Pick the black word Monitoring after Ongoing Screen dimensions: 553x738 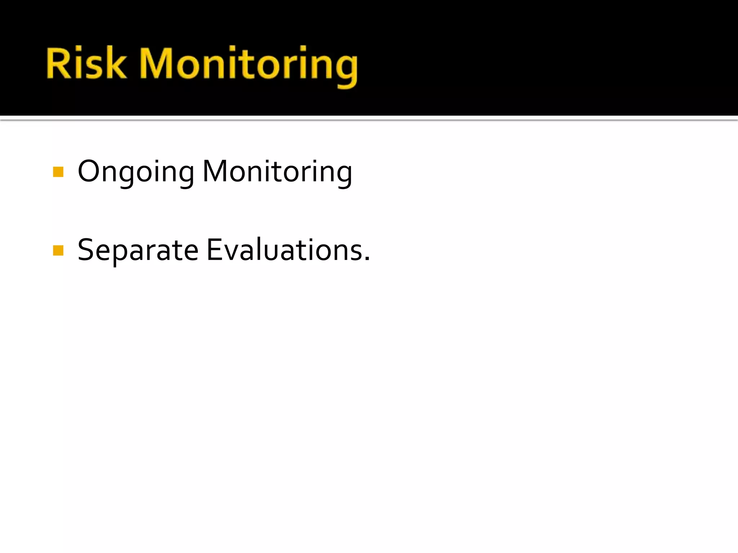point(277,172)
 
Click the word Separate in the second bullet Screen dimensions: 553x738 point(138,250)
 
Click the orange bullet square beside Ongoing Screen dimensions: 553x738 point(58,172)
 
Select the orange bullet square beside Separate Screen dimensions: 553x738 point(58,250)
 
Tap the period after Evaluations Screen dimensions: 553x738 point(367,258)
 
